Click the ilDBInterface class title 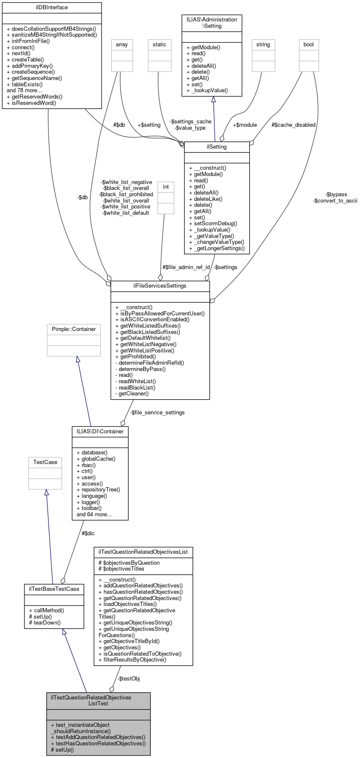52,8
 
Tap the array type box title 122,45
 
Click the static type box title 160,45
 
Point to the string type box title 263,45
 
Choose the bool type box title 309,45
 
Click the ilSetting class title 217,147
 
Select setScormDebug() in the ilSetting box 213,224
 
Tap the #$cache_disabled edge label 293,125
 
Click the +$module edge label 245,125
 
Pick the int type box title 166,187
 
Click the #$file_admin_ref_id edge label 186,267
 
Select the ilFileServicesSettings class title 160,286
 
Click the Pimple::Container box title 74,329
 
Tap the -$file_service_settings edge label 157,413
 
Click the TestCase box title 45,462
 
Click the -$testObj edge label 128,679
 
